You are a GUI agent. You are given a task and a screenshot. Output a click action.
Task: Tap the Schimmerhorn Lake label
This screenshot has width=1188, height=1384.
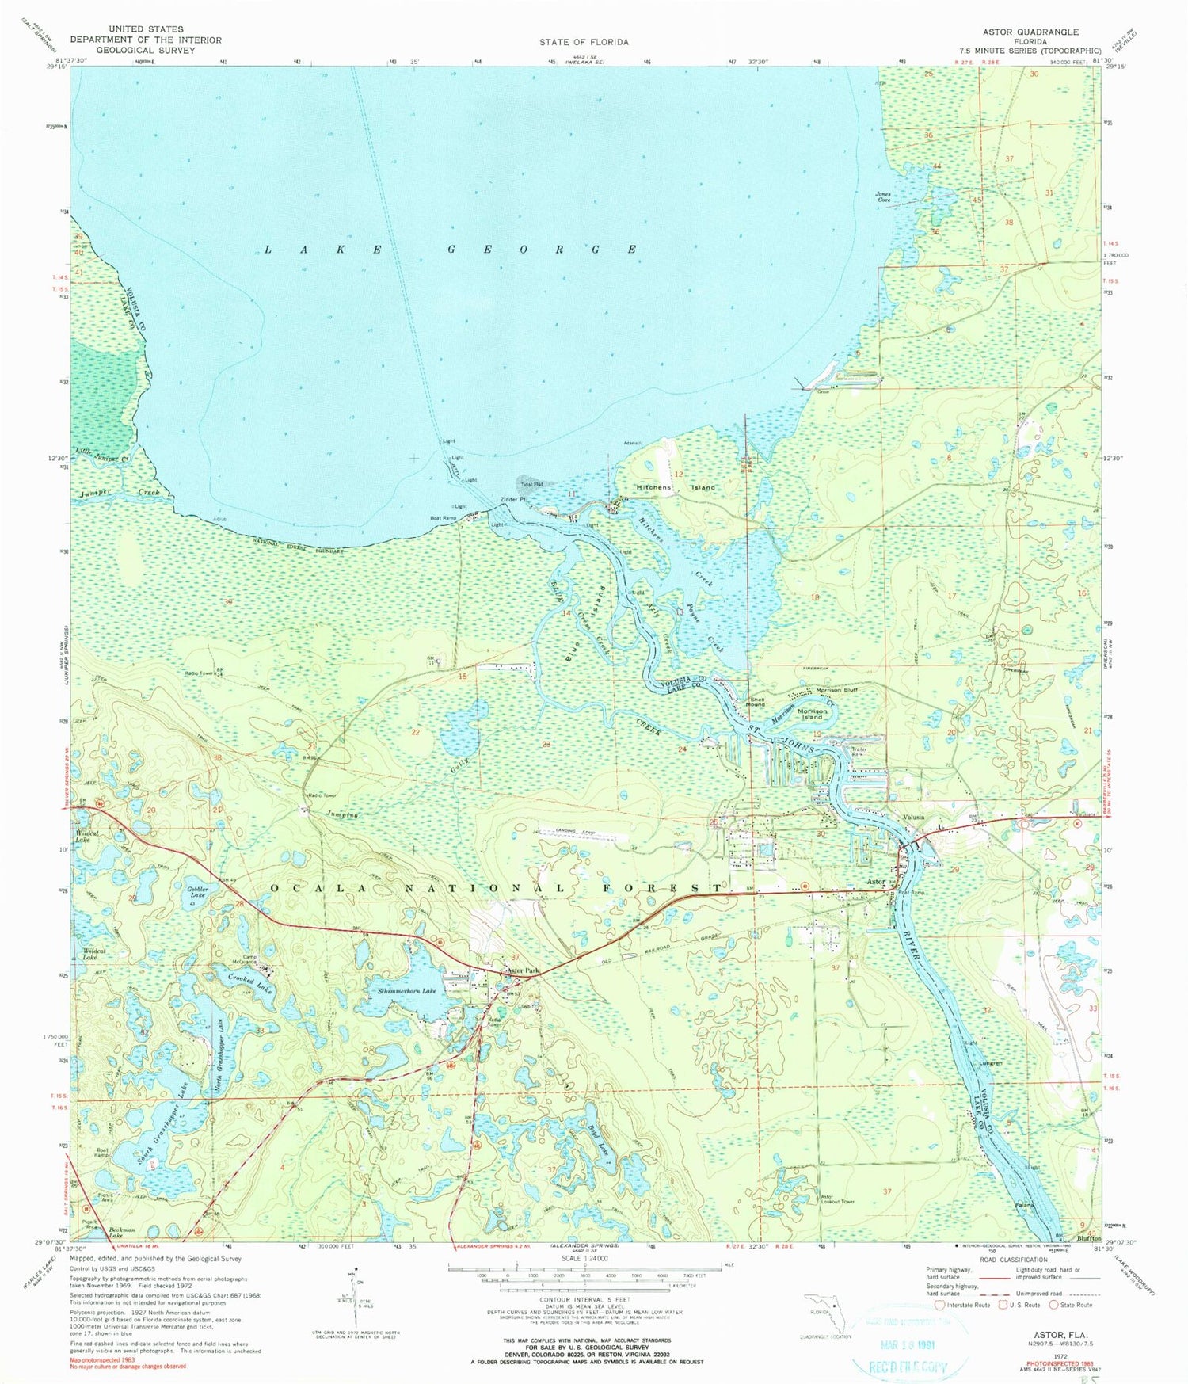pyautogui.click(x=406, y=990)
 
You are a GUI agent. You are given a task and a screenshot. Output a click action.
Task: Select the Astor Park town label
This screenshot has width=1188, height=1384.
pyautogui.click(x=523, y=970)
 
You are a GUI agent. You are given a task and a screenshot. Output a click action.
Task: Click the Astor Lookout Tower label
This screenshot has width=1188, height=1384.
pyautogui.click(x=837, y=1199)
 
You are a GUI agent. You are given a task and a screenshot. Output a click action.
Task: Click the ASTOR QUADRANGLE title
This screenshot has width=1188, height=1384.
pyautogui.click(x=1030, y=32)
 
